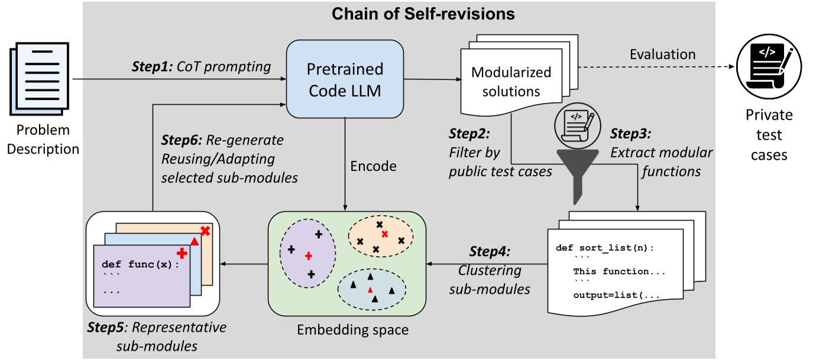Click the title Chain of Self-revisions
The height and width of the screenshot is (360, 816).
click(407, 14)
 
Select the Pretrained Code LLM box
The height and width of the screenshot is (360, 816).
click(345, 78)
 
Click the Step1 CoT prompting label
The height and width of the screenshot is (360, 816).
click(201, 66)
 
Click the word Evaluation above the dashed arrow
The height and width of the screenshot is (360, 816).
click(662, 54)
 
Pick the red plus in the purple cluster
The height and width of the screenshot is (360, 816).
click(308, 257)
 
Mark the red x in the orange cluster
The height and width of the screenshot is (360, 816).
click(385, 235)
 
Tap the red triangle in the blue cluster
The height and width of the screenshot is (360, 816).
click(370, 290)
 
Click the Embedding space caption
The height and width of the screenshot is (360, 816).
click(352, 329)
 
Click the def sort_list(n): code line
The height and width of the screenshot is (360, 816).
click(605, 248)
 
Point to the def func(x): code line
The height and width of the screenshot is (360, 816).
click(140, 264)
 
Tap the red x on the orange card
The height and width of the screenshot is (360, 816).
click(205, 231)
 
